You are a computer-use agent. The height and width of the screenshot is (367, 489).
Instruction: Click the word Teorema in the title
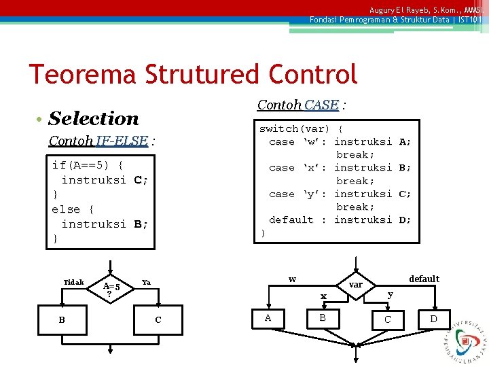click(77, 74)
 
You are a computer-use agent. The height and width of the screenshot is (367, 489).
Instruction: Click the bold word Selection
click(94, 118)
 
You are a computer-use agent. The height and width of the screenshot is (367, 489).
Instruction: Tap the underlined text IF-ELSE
click(122, 141)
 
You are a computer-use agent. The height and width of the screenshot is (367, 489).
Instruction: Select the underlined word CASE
click(321, 105)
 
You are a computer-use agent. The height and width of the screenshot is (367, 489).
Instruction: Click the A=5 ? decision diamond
click(111, 288)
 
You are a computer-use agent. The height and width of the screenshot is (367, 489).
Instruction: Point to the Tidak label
click(73, 282)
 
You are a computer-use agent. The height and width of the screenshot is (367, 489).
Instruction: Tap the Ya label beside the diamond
click(146, 281)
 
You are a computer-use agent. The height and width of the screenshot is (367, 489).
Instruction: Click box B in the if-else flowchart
click(62, 319)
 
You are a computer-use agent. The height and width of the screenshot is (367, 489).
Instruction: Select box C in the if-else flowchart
click(158, 319)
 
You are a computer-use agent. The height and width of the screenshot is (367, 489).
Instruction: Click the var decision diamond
click(355, 284)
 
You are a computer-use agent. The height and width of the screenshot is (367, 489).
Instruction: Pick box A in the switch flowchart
click(268, 317)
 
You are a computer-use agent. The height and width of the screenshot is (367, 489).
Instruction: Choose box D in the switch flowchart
click(434, 318)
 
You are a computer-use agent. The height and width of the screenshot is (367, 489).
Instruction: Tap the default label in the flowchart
click(424, 279)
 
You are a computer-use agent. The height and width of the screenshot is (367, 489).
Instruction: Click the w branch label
click(292, 279)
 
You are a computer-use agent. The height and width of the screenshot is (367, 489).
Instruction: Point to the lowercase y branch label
click(390, 294)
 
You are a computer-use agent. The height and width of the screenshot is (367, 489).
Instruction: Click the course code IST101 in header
click(469, 20)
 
